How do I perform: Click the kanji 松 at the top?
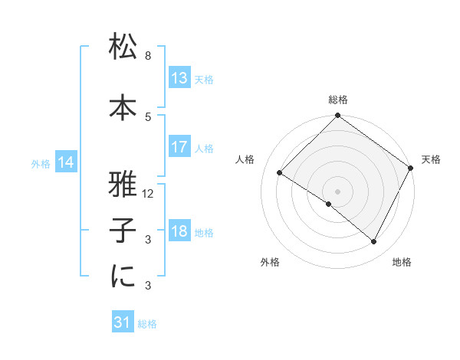tap(123, 48)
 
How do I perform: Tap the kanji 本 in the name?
tap(123, 108)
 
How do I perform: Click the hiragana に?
tap(123, 277)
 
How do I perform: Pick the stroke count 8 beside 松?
tap(148, 56)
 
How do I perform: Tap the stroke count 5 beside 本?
tap(148, 116)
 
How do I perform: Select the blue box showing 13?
tap(179, 78)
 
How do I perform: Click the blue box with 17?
tap(179, 147)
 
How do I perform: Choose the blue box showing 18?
tap(179, 231)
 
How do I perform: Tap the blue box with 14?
tap(66, 162)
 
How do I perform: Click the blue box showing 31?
tap(123, 323)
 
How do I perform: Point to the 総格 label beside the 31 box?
tap(147, 324)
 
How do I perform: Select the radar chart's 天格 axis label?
tap(431, 159)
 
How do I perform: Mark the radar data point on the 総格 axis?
tap(337, 116)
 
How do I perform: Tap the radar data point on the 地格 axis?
tap(374, 242)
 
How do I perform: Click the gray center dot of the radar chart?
tap(337, 190)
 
